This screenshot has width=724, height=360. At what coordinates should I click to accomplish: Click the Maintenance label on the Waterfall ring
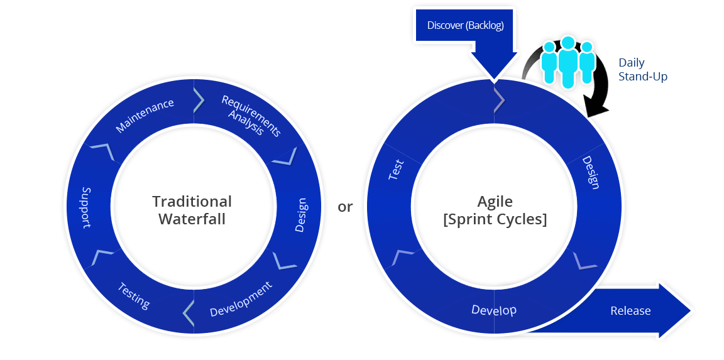point(145,116)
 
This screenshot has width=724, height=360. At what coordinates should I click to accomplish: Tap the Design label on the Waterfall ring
point(300,215)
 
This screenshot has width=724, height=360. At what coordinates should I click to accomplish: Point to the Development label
point(241,299)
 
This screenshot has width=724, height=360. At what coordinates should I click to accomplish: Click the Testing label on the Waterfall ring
point(134,295)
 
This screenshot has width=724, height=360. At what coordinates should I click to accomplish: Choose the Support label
point(86,207)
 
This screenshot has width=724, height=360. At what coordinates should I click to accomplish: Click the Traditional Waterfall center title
point(192,210)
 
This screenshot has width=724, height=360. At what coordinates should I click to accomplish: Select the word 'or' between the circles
point(345,207)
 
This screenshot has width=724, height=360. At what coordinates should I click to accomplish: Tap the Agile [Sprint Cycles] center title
point(495,210)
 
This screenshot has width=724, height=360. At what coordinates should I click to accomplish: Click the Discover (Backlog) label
point(465,26)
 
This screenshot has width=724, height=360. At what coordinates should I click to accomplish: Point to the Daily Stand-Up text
point(642,70)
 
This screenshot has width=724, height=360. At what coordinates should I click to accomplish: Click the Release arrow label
point(630,311)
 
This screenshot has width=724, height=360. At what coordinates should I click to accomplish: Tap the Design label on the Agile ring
point(591,172)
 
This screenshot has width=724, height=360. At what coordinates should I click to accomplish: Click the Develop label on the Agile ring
point(494,310)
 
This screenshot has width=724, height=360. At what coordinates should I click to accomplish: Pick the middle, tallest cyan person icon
point(568,61)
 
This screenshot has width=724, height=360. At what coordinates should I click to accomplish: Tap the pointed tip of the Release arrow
point(689,311)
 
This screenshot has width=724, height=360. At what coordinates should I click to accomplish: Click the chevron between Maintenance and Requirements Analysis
point(199,99)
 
